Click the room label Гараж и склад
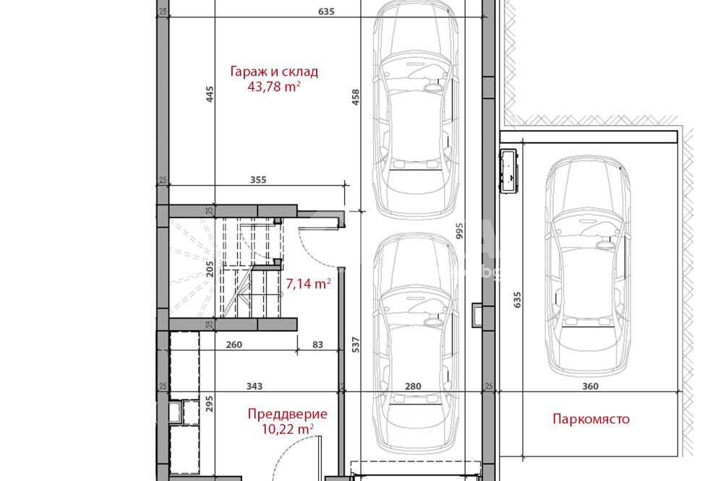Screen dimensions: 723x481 274,72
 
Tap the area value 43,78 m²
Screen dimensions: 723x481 274,86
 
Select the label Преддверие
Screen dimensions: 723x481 288,415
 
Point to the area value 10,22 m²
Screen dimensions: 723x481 288,429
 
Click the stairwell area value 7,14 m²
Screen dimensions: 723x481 308,283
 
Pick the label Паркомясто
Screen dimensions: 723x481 591,420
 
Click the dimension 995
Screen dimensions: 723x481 459,231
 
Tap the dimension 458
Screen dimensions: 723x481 356,97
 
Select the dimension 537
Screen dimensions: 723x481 356,345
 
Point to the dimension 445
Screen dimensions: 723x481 210,94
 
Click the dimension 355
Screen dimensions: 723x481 258,180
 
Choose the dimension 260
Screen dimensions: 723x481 234,344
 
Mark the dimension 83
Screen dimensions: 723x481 317,344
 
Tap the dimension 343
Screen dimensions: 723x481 254,386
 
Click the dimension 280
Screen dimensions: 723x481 413,386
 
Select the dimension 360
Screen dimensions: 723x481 590,386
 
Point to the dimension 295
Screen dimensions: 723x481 210,404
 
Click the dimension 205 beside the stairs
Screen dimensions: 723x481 210,269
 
